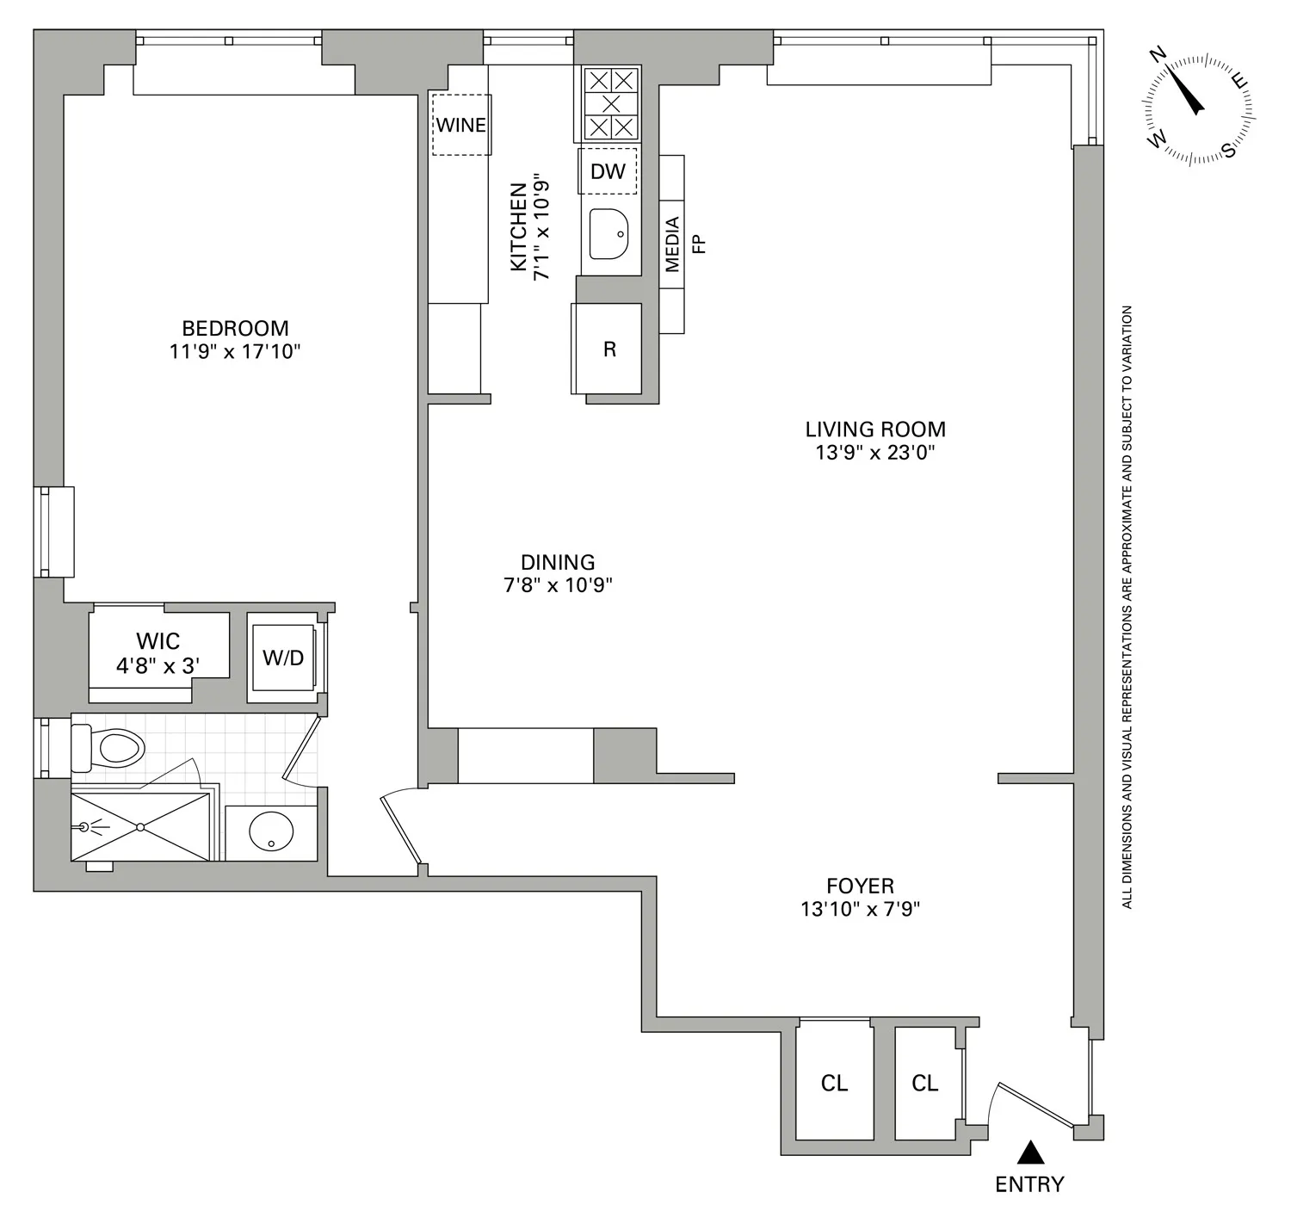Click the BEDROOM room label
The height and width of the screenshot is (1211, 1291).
(x=234, y=328)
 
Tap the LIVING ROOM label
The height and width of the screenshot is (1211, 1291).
(x=874, y=429)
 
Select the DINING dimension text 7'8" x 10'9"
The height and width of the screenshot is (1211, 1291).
(x=558, y=585)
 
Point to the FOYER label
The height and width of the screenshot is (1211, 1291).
(x=860, y=886)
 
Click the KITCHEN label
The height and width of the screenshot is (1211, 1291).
(x=518, y=226)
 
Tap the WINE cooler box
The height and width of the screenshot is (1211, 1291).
(x=461, y=125)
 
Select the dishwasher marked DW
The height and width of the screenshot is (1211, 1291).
(x=608, y=171)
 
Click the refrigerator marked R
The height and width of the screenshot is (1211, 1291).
(x=609, y=349)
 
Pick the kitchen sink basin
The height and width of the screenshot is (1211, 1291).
(x=609, y=233)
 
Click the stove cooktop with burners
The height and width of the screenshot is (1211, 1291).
(x=611, y=104)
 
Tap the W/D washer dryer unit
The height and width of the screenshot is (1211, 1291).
(x=283, y=658)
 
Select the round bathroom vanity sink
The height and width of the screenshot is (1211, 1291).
(x=271, y=831)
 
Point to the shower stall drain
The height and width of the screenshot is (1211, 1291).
(x=139, y=827)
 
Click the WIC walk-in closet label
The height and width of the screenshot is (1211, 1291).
(x=158, y=641)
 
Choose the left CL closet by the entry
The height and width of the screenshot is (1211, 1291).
(x=834, y=1083)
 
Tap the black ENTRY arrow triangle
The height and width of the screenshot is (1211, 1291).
(x=1030, y=1152)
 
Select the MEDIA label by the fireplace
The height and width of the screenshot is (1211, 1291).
(x=672, y=244)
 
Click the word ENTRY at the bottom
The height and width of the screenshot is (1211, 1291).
(x=1029, y=1184)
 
